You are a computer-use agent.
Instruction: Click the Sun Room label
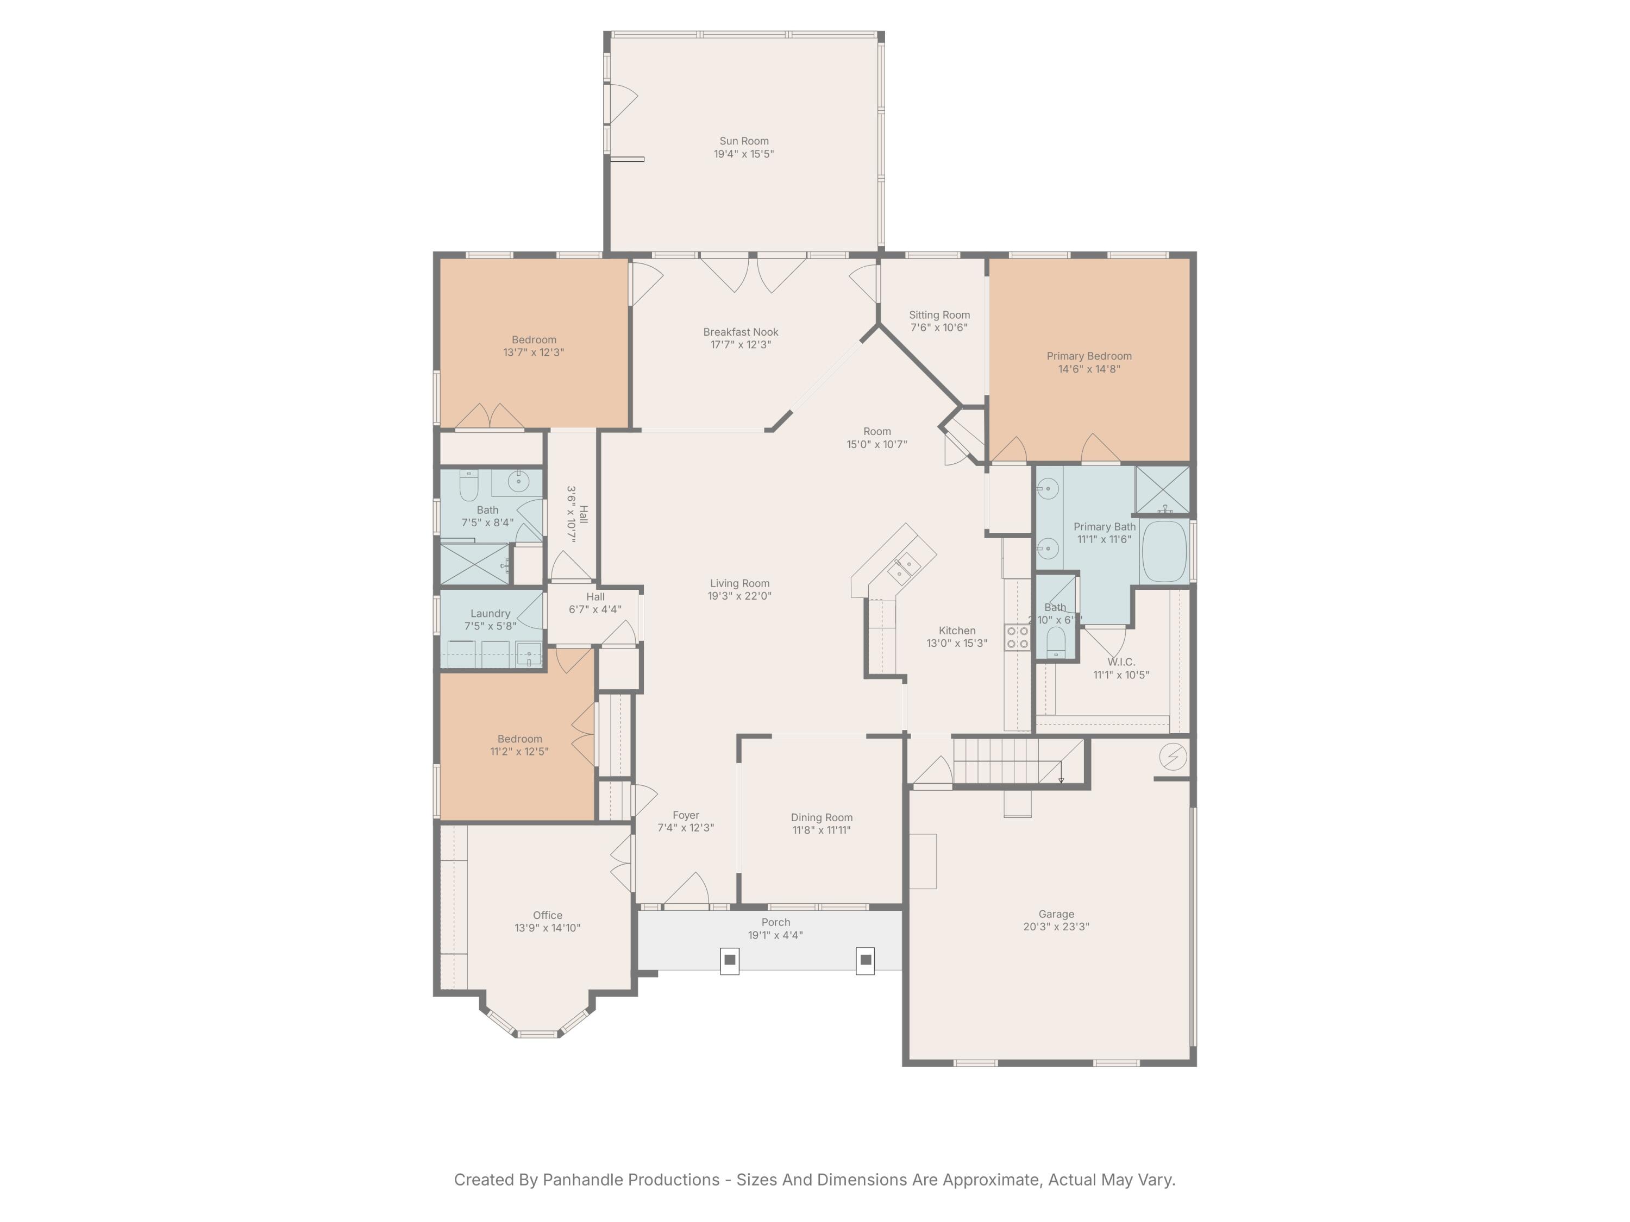coord(743,141)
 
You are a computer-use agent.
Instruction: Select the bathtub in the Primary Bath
coord(1164,552)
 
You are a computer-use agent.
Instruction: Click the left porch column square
coord(730,960)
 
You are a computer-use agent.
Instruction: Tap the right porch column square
coord(866,960)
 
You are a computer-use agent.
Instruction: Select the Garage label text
coord(1056,914)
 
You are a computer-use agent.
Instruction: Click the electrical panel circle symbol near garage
coord(1173,757)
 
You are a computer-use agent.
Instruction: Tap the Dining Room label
coord(821,817)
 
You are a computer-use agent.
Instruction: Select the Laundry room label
coord(490,614)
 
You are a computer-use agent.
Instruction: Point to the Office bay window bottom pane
coord(537,1034)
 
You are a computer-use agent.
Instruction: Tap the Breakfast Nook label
coord(741,332)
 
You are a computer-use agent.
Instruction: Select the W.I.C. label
coord(1121,662)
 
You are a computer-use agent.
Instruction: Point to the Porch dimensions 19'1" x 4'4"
coord(775,935)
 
